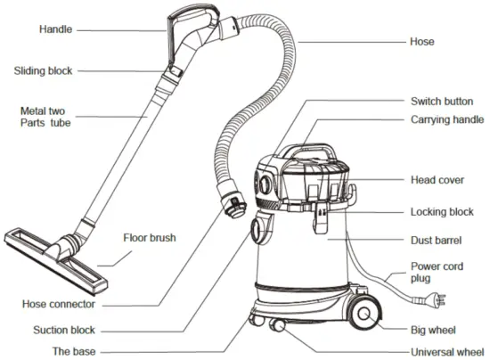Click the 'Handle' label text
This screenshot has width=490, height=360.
coord(56,29)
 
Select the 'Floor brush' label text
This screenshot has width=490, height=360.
coord(150,239)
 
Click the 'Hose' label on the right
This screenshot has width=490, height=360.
coord(421,41)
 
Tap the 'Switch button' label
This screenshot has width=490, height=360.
coord(441,102)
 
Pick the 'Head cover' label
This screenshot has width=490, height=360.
coord(437,179)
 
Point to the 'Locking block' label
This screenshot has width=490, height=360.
coord(442,212)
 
